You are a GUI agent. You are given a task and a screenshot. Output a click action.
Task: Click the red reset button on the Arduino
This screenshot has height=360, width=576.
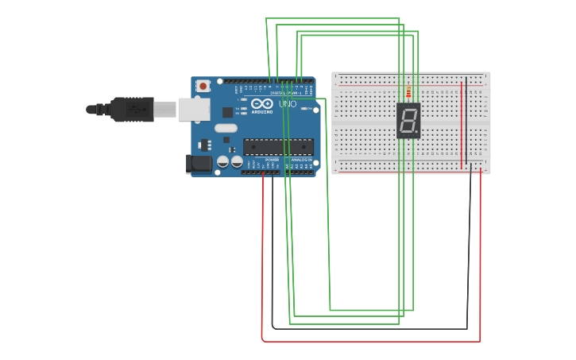click(203, 85)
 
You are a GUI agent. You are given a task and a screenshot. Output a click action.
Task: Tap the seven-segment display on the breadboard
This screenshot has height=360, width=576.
click(408, 121)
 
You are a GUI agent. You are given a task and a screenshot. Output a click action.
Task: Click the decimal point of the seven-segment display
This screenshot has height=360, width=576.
click(416, 133)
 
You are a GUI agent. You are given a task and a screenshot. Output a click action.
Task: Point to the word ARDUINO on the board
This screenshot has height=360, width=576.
click(262, 111)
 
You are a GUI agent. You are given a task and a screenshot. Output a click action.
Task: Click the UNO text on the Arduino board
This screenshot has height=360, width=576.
click(287, 104)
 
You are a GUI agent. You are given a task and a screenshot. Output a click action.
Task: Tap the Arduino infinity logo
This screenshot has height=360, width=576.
click(262, 103)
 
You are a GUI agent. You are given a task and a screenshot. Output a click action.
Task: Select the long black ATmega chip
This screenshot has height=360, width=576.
click(278, 147)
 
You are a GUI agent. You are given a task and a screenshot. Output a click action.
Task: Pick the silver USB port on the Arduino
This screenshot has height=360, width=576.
click(194, 110)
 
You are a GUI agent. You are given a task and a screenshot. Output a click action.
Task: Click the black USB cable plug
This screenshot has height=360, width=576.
click(132, 109)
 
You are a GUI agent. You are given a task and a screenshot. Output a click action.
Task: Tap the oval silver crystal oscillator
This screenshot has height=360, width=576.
click(226, 128)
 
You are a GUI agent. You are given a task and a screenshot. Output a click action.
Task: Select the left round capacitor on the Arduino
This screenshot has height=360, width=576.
click(222, 161)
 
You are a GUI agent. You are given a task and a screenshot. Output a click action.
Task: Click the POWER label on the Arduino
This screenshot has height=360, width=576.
click(272, 160)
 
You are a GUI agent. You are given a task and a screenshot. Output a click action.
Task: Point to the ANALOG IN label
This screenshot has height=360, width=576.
click(301, 160)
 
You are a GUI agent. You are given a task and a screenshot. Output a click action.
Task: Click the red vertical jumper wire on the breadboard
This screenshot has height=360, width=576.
click(462, 127)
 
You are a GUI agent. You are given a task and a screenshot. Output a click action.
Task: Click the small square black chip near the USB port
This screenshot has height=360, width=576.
click(228, 112)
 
